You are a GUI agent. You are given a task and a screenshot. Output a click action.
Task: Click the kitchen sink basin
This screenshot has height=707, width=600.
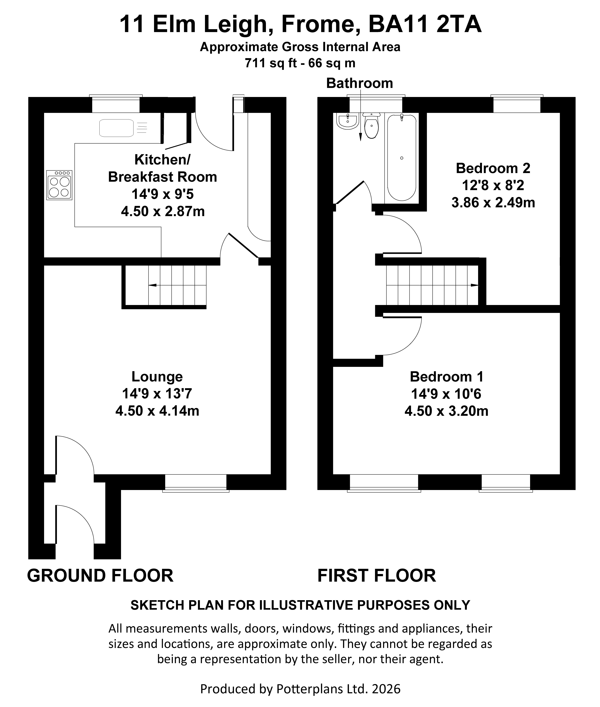(116, 128)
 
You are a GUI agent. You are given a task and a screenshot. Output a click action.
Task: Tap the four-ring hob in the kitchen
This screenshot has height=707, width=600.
(59, 185)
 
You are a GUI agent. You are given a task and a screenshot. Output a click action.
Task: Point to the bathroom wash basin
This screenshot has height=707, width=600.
(347, 121)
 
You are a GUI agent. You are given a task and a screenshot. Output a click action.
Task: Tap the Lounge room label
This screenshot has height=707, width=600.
(157, 377)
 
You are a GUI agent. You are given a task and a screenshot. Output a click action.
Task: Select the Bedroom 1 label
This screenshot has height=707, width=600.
(447, 377)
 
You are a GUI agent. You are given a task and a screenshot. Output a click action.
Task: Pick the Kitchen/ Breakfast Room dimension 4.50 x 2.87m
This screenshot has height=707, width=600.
(163, 212)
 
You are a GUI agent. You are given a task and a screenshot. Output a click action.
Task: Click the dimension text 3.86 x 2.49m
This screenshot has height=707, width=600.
(493, 203)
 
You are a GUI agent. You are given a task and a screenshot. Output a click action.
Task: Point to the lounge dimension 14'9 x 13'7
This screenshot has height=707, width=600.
(157, 394)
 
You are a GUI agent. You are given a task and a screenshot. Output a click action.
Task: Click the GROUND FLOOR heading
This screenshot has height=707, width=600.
(100, 576)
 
